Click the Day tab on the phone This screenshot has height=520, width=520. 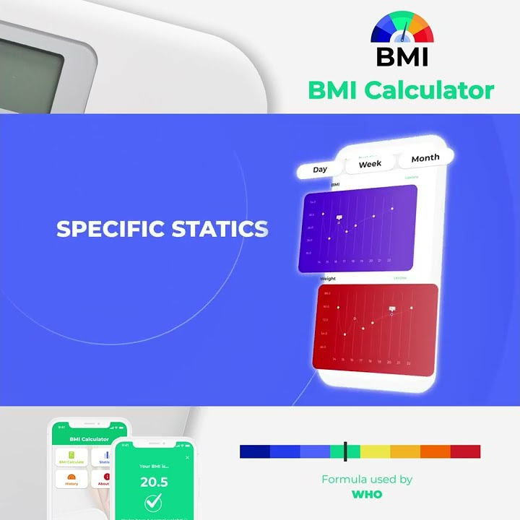320,170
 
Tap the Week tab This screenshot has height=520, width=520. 370,164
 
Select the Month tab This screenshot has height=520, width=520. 425,158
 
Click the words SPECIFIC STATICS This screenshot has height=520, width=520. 162,229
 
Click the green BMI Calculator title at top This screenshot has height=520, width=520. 401,90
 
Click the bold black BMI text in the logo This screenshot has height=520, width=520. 402,56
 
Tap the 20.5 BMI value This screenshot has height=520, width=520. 153,482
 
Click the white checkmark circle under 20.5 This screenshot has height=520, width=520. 153,502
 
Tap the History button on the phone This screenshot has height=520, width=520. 71,480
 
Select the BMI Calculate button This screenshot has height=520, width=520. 71,458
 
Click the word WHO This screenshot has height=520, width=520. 367,495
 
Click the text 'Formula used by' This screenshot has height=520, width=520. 367,479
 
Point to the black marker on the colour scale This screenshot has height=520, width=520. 345,451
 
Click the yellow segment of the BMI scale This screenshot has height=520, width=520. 375,452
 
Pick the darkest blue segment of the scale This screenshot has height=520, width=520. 254,452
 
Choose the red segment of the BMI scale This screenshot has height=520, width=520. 465,452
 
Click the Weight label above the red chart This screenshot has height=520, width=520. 328,278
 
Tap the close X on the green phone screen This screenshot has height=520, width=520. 187,457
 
